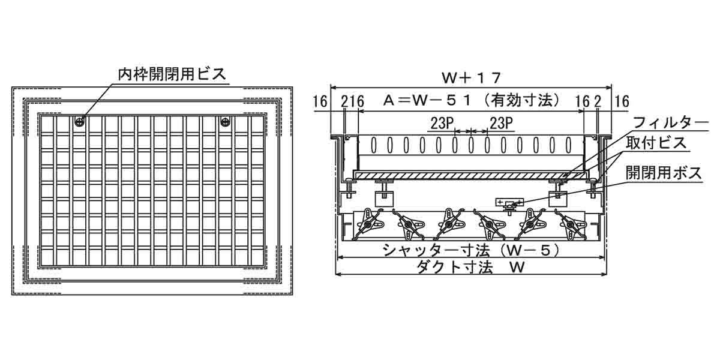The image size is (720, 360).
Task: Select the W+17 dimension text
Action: (x=471, y=77)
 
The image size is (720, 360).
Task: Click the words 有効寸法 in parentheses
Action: (x=530, y=100)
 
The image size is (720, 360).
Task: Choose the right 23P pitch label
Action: (x=500, y=123)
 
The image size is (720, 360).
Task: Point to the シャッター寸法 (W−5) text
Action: (x=471, y=249)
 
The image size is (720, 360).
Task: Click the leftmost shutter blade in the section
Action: (x=368, y=223)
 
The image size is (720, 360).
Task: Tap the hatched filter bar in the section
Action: (x=470, y=174)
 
